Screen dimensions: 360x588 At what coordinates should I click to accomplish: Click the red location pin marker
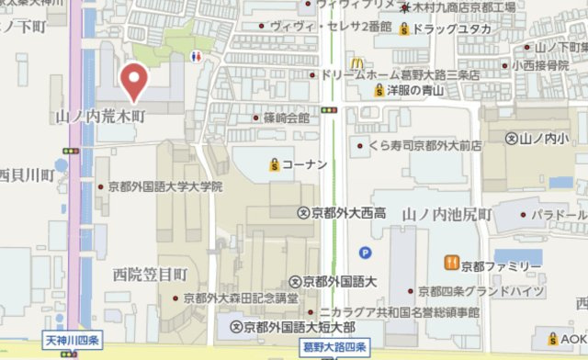(134, 80)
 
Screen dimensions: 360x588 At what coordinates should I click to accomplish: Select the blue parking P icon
(367, 252)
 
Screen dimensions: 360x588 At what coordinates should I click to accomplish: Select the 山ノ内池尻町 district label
(456, 215)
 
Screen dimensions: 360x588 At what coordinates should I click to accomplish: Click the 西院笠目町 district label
(150, 273)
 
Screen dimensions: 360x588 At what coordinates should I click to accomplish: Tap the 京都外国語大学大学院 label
(164, 186)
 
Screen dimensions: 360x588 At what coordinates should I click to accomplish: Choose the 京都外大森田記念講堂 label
(240, 298)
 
